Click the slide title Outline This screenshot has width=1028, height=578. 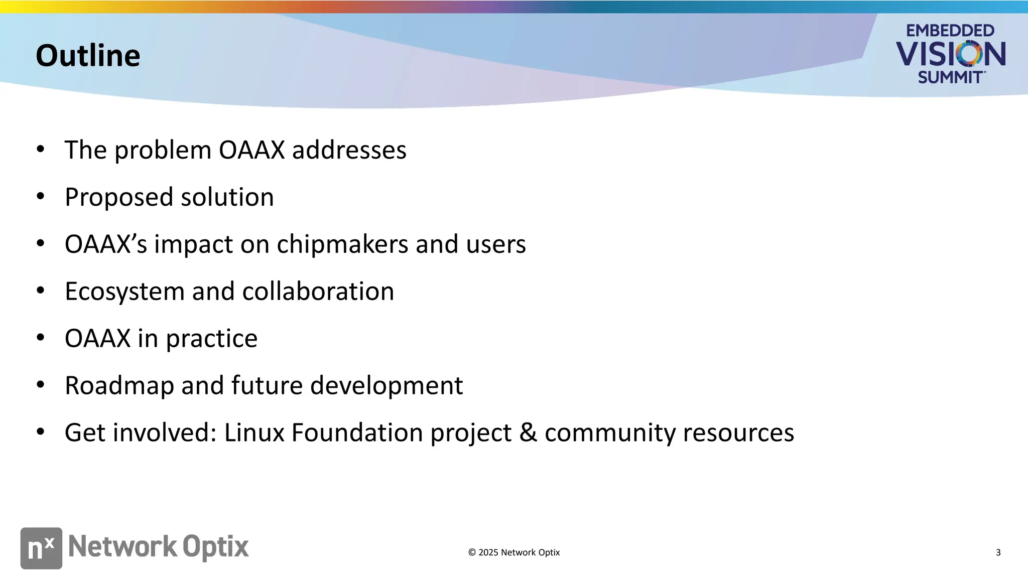[x=88, y=55]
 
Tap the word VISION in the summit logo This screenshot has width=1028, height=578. [x=950, y=54]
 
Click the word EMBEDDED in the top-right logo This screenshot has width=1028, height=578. [x=950, y=31]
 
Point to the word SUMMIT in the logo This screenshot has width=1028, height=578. [x=950, y=77]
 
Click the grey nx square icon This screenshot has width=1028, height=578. [x=41, y=548]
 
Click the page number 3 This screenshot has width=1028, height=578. [x=998, y=552]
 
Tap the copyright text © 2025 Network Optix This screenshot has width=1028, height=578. [x=513, y=552]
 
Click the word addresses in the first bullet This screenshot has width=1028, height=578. [x=349, y=150]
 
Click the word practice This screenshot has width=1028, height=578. [x=211, y=339]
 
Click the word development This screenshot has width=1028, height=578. [x=387, y=386]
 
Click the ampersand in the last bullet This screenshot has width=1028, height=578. [x=528, y=432]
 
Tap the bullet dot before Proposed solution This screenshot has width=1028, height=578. [x=41, y=196]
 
